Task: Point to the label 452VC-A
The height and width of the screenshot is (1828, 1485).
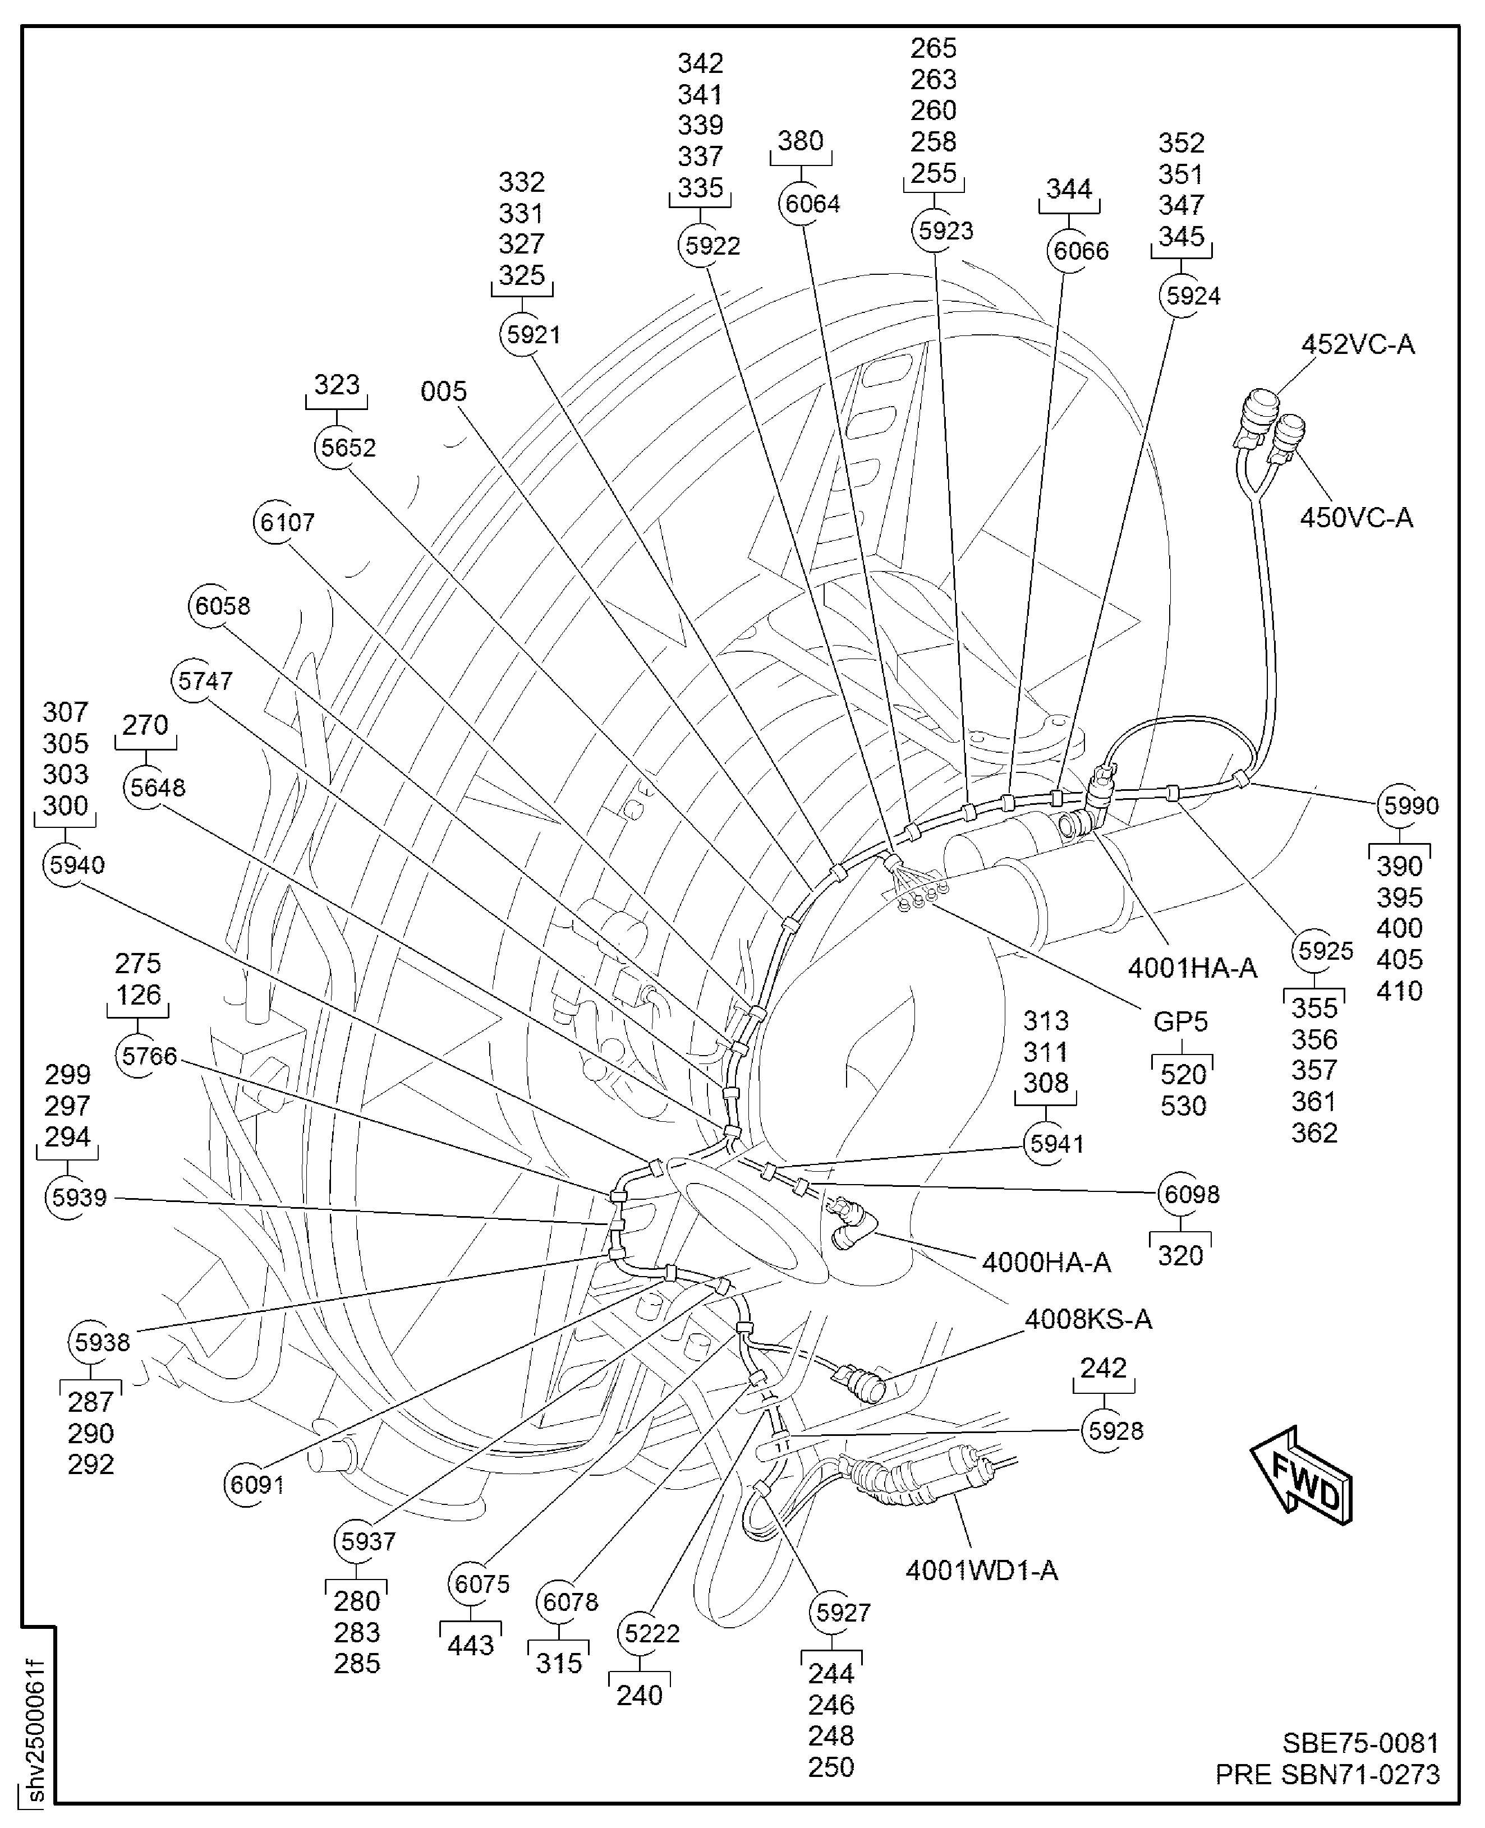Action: point(1358,345)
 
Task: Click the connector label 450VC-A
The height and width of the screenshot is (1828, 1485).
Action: point(1356,518)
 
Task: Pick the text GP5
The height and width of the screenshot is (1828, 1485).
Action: point(1180,1021)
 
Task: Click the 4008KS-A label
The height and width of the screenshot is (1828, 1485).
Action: point(1088,1320)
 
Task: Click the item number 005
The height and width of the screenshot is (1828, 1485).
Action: point(443,392)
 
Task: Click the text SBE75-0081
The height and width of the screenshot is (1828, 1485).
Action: point(1360,1743)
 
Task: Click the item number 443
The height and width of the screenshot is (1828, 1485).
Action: point(471,1645)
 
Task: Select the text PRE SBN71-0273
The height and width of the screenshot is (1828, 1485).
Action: point(1327,1775)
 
